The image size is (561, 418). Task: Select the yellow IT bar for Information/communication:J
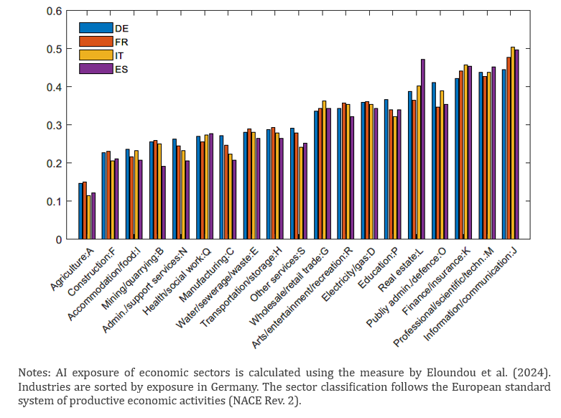click(512, 143)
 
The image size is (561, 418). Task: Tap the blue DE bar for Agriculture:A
click(80, 211)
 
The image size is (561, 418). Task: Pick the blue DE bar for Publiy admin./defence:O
click(433, 161)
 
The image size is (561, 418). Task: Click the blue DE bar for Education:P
click(386, 169)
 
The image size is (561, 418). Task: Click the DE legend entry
click(121, 27)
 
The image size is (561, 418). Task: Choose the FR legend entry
click(121, 41)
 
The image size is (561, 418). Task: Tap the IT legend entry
click(120, 55)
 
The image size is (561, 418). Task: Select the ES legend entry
click(121, 68)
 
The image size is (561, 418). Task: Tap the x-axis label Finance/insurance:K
click(443, 281)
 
